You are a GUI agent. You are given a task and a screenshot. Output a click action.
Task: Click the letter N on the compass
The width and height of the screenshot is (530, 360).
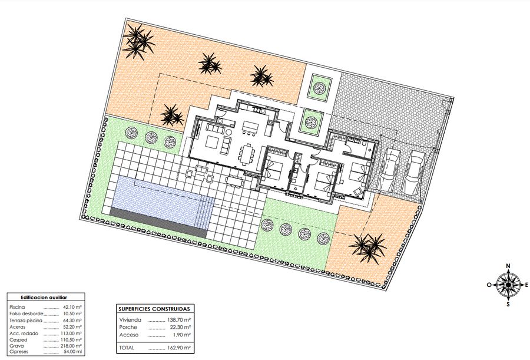[x=508, y=266]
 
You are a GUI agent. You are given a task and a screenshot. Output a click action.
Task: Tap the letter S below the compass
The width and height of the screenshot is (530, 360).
[x=508, y=304]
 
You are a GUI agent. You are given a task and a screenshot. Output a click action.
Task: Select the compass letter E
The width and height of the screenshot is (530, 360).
[x=526, y=285]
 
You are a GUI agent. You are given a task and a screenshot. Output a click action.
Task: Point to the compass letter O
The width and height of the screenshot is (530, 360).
[x=489, y=285]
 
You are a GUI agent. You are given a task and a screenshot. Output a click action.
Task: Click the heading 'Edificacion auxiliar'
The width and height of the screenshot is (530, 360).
[x=44, y=298]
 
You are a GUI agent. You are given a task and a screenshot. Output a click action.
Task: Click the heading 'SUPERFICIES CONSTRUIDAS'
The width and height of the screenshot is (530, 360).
[x=154, y=309]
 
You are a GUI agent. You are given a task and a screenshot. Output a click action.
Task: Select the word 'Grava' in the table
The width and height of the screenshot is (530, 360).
[x=16, y=346]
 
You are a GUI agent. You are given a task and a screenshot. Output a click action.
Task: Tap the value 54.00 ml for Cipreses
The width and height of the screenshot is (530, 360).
[x=72, y=352]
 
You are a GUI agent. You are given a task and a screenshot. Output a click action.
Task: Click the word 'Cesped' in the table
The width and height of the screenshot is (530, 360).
[x=18, y=340]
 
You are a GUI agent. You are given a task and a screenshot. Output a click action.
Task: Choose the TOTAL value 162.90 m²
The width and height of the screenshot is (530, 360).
[x=179, y=348]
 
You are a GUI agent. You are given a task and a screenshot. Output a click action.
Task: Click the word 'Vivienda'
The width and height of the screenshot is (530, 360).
[x=130, y=320]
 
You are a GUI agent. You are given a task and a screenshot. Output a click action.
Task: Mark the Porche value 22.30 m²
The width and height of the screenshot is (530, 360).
[x=180, y=327]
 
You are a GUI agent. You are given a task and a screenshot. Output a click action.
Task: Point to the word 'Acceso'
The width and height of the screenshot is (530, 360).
[x=129, y=335]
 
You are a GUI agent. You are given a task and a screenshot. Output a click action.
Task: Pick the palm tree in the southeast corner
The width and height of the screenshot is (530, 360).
[x=369, y=247]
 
